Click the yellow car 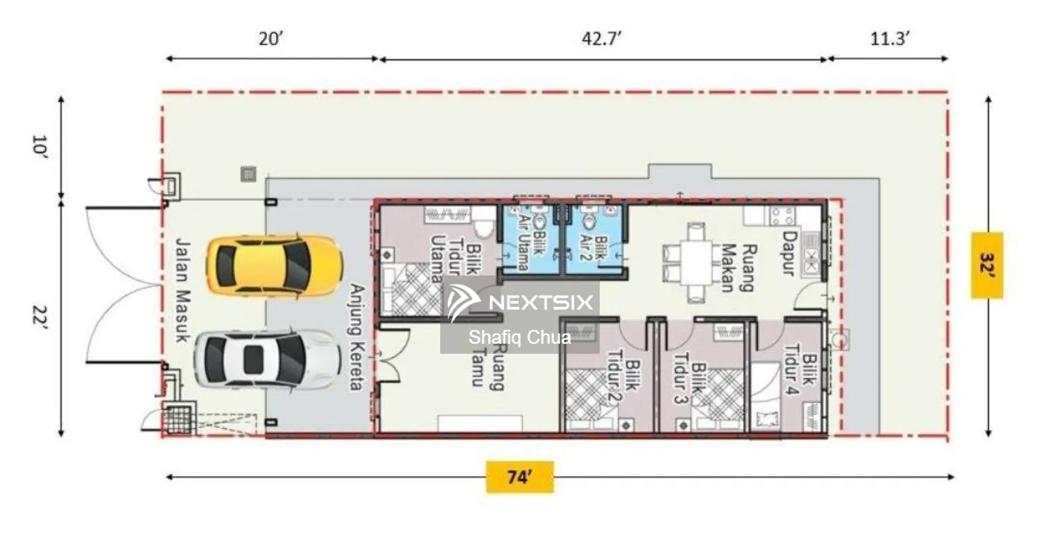pyautogui.click(x=275, y=265)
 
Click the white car pyautogui.click(x=267, y=359)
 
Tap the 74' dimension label pyautogui.click(x=519, y=477)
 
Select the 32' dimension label pyautogui.click(x=987, y=265)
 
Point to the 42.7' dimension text pyautogui.click(x=602, y=39)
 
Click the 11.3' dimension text pyautogui.click(x=890, y=39)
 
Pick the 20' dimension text pyautogui.click(x=271, y=39)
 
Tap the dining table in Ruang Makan pyautogui.click(x=696, y=263)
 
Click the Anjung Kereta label pyautogui.click(x=357, y=338)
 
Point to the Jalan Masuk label pyautogui.click(x=183, y=291)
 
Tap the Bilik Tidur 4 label pyautogui.click(x=800, y=369)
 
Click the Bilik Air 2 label pyautogui.click(x=593, y=248)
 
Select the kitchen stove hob pyautogui.click(x=782, y=216)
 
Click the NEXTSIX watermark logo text pyautogui.click(x=541, y=303)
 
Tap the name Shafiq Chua pyautogui.click(x=519, y=338)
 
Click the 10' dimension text pyautogui.click(x=40, y=147)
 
